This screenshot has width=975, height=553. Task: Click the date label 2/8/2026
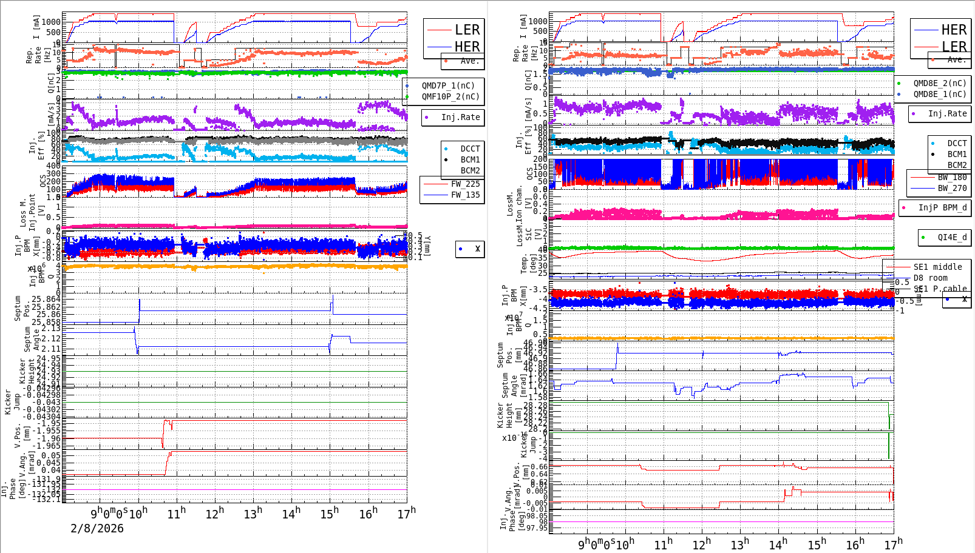pos(97,529)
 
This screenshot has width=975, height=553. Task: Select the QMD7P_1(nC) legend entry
pos(448,85)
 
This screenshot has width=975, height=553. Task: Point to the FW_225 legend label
pos(465,184)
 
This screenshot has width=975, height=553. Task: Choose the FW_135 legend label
pos(465,195)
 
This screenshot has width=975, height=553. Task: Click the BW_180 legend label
pos(952,177)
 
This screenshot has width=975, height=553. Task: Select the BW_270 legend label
pos(952,188)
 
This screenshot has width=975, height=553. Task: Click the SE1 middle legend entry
pos(937,267)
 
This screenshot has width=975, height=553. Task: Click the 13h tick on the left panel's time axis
pos(253,514)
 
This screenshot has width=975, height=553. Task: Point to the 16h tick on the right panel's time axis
pos(855,545)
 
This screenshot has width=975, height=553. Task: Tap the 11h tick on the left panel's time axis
pos(176,514)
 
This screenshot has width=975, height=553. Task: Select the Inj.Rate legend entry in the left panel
pos(460,117)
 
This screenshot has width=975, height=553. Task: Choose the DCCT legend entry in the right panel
pos(957,143)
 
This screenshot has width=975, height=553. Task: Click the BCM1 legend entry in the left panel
pos(470,159)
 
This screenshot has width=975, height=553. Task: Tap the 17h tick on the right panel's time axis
pos(893,545)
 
